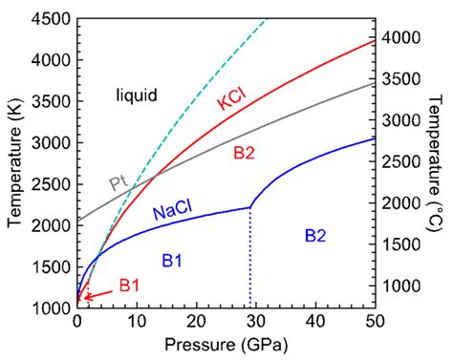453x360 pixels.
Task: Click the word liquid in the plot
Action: [137, 95]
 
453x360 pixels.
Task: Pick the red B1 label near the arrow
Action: [130, 285]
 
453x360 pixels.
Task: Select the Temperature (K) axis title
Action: [13, 158]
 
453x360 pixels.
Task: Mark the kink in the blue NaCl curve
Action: [250, 206]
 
